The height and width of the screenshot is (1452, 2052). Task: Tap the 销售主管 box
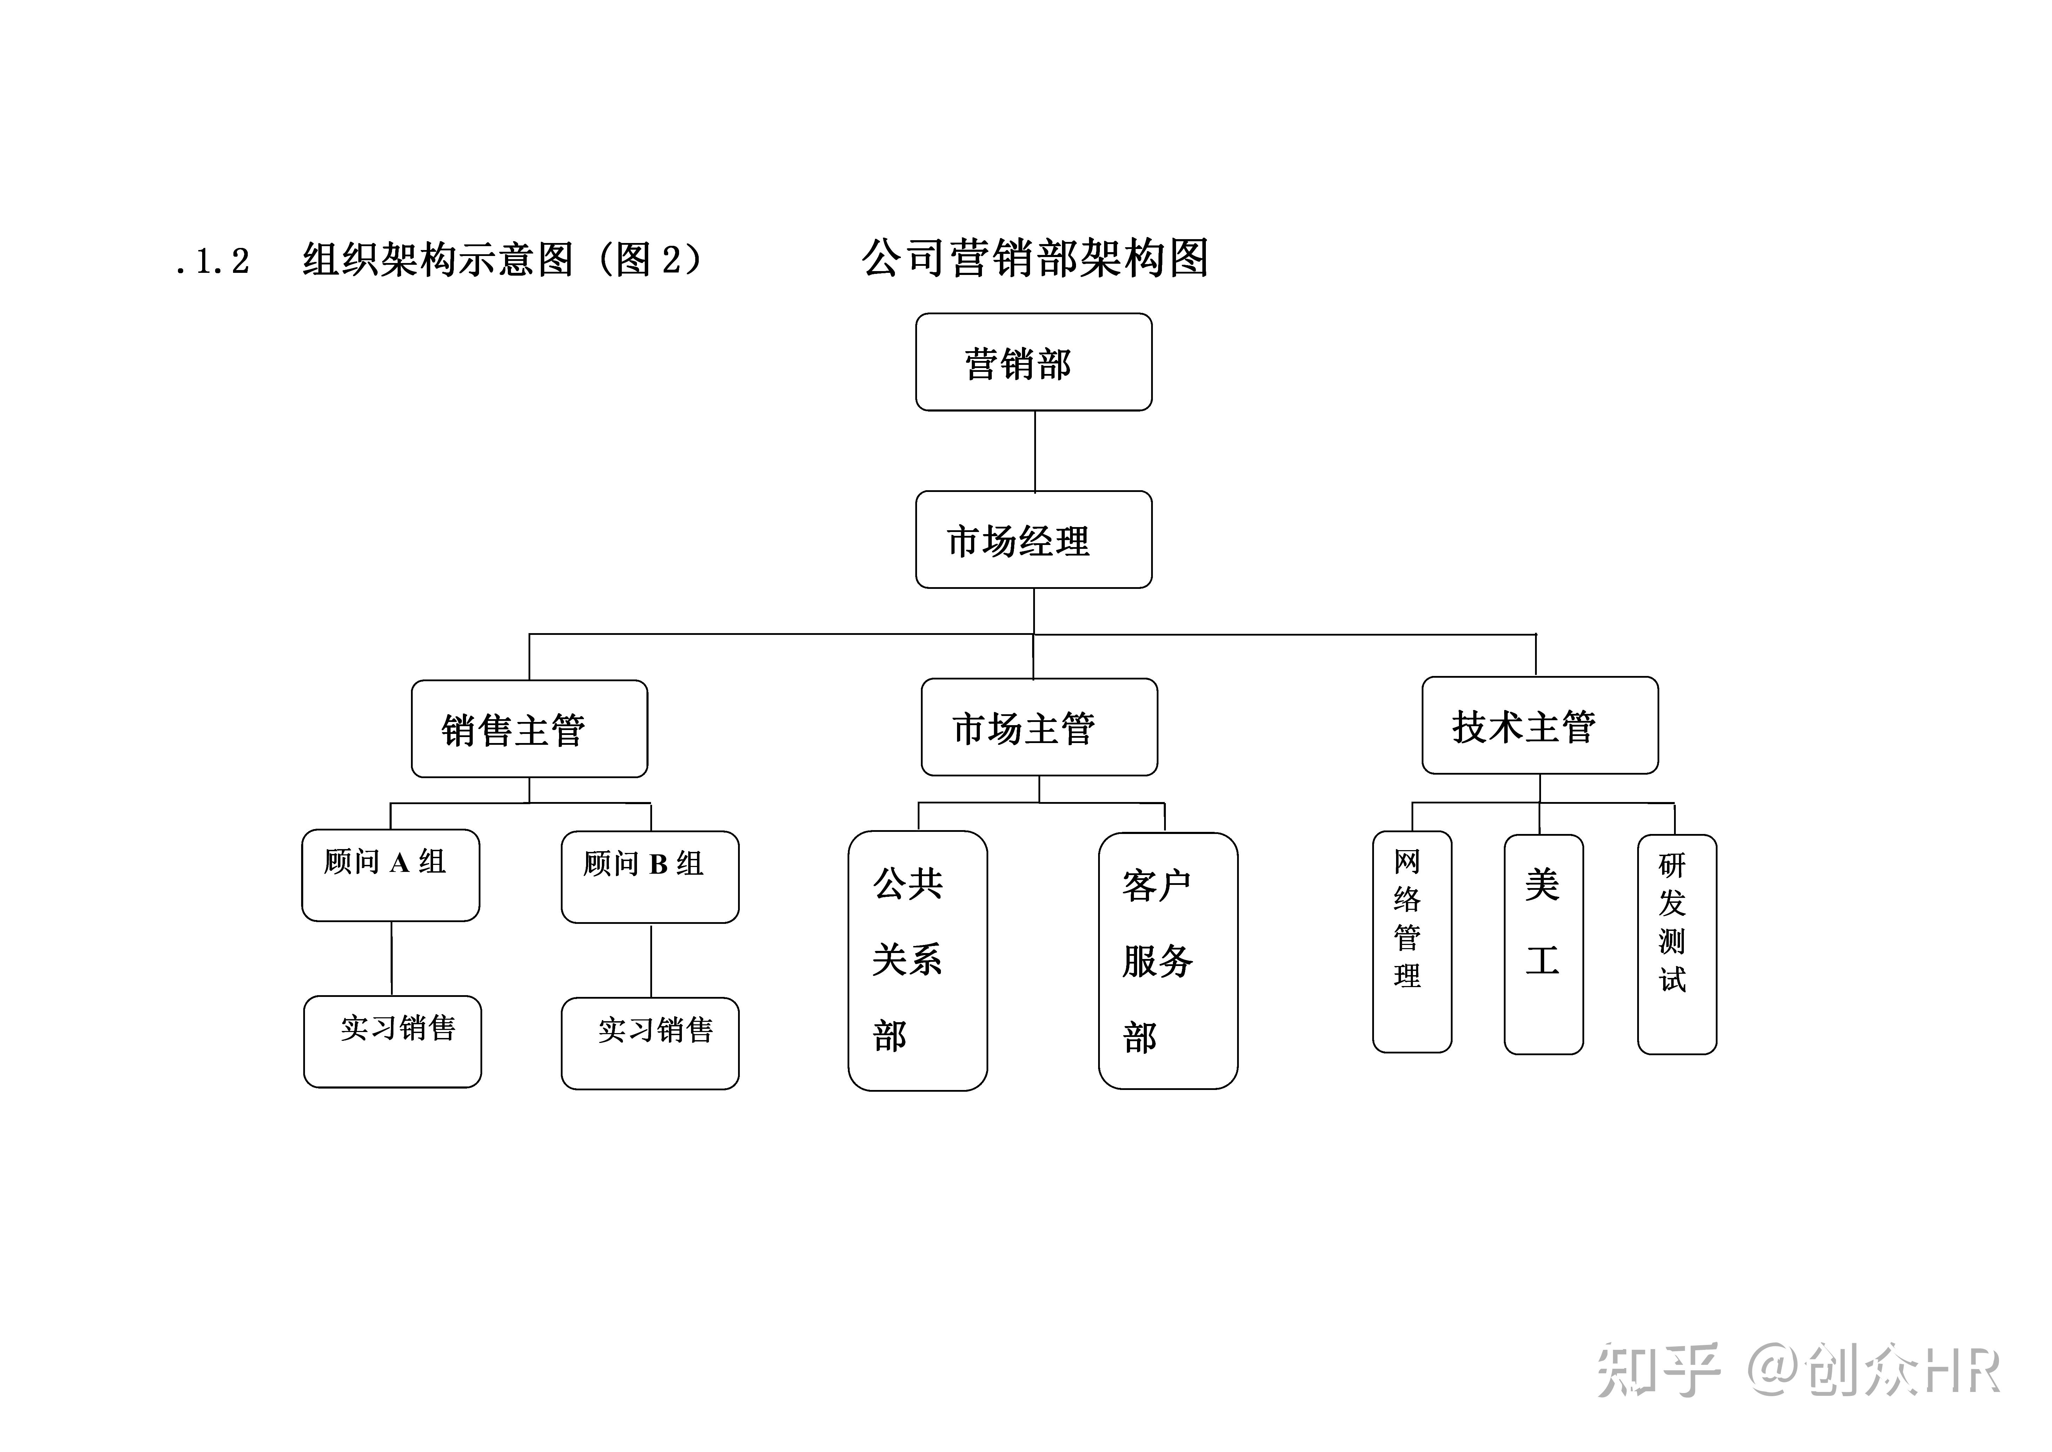pyautogui.click(x=529, y=729)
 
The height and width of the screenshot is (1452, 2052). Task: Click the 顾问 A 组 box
pyautogui.click(x=391, y=875)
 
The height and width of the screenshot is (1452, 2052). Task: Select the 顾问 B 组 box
pyautogui.click(x=650, y=877)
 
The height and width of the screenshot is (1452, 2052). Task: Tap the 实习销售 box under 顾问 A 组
pyautogui.click(x=392, y=1042)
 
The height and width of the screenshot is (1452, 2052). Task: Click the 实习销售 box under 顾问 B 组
pyautogui.click(x=650, y=1043)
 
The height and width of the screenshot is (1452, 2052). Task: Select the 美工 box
pyautogui.click(x=1543, y=944)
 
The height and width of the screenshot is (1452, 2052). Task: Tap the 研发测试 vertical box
pyautogui.click(x=1676, y=944)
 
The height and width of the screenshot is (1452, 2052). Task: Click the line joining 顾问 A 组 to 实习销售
pyautogui.click(x=391, y=959)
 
